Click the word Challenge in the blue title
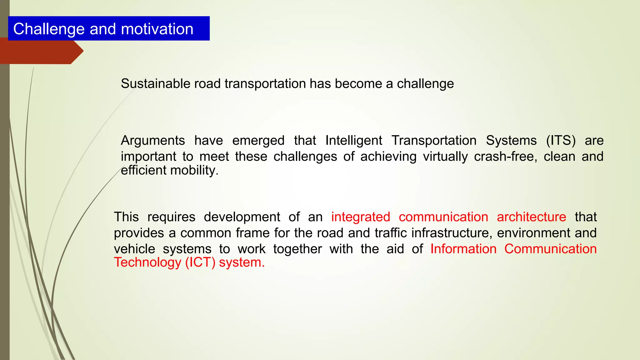click(x=49, y=29)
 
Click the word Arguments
click(x=152, y=141)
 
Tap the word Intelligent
click(x=353, y=141)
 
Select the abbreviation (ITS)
click(x=561, y=141)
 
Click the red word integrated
click(x=360, y=217)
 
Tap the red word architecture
click(x=531, y=217)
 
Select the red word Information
click(x=463, y=249)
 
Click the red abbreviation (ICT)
click(x=200, y=262)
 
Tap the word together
click(x=297, y=249)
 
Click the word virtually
click(x=445, y=157)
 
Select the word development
click(x=242, y=217)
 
